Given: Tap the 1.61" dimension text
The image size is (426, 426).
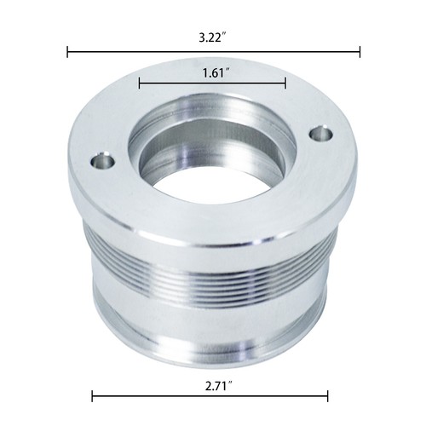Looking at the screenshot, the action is pyautogui.click(x=216, y=73).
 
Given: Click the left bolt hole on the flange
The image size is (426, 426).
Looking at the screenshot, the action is pyautogui.click(x=103, y=163).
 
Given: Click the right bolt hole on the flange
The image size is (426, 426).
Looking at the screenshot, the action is pyautogui.click(x=321, y=134).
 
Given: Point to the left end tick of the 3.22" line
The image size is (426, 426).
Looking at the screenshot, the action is pyautogui.click(x=67, y=52).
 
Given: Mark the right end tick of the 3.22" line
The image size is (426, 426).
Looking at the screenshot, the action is pyautogui.click(x=360, y=52).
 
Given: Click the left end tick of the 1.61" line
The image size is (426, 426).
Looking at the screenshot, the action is pyautogui.click(x=139, y=83).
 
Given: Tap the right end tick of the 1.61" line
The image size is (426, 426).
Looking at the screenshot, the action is pyautogui.click(x=285, y=83).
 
